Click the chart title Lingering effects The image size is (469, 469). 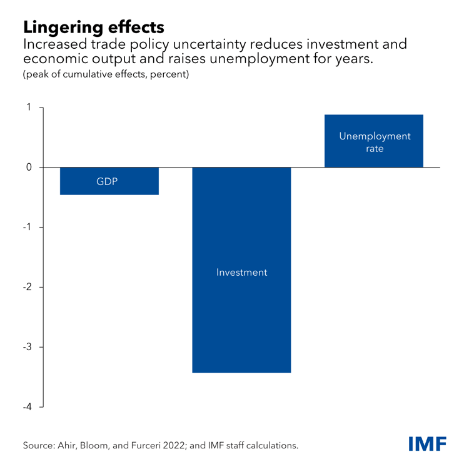pyautogui.click(x=94, y=27)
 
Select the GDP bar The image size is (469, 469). pyautogui.click(x=109, y=188)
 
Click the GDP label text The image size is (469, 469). pyautogui.click(x=107, y=182)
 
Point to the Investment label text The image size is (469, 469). pyautogui.click(x=241, y=273)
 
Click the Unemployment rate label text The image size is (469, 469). pyautogui.click(x=375, y=143)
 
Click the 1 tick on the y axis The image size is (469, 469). pyautogui.click(x=29, y=108)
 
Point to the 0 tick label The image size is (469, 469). pyautogui.click(x=29, y=168)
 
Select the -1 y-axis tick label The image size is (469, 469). pyautogui.click(x=27, y=228)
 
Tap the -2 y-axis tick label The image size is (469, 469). pyautogui.click(x=27, y=288)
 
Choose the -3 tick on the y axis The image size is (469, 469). pyautogui.click(x=27, y=348)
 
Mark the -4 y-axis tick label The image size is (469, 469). pyautogui.click(x=27, y=408)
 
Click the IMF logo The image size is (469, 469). pyautogui.click(x=427, y=444)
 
